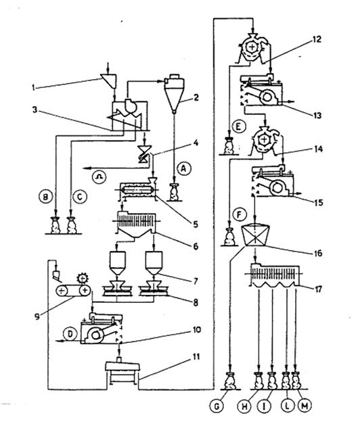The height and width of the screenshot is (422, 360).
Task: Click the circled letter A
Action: pyautogui.click(x=184, y=169)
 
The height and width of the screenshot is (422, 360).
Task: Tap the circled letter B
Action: pyautogui.click(x=46, y=197)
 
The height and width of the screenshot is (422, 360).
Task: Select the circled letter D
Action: pyautogui.click(x=70, y=334)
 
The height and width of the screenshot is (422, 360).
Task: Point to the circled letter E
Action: pyautogui.click(x=238, y=127)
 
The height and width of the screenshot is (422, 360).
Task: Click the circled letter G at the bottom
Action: pyautogui.click(x=217, y=406)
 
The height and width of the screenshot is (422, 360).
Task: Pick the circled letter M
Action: pyautogui.click(x=305, y=406)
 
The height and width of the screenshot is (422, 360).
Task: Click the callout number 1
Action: pyautogui.click(x=33, y=87)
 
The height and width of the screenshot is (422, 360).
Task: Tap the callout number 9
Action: pyautogui.click(x=37, y=316)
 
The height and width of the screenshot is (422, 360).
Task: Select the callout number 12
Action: pyautogui.click(x=317, y=39)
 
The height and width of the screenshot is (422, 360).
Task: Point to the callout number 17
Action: pyautogui.click(x=318, y=289)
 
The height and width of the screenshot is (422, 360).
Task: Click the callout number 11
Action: pyautogui.click(x=196, y=357)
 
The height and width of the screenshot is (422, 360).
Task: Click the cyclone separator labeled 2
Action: pyautogui.click(x=174, y=93)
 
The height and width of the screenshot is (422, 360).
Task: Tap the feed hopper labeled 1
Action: pyautogui.click(x=108, y=80)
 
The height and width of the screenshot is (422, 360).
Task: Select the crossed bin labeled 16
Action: pyautogui.click(x=255, y=235)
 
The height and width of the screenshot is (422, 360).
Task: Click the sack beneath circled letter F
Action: pyautogui.click(x=229, y=236)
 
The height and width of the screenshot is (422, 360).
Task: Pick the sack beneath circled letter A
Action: pyautogui.click(x=174, y=192)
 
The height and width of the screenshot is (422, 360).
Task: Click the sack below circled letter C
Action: pyautogui.click(x=72, y=225)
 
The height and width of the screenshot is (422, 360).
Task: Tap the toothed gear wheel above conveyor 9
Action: pyautogui.click(x=82, y=278)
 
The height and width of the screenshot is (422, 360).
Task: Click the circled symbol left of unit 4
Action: pyautogui.click(x=99, y=177)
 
